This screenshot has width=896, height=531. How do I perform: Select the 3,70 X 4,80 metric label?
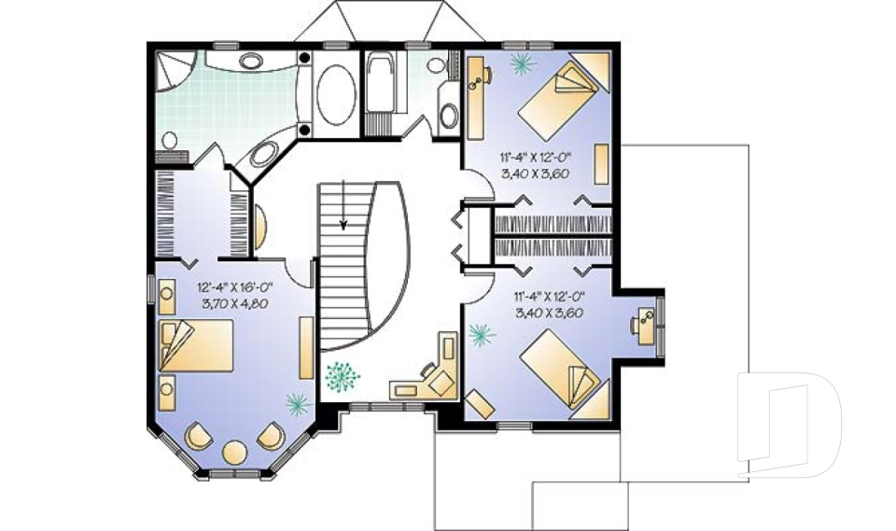(x=235, y=303)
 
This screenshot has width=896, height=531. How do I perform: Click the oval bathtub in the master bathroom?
(x=337, y=94)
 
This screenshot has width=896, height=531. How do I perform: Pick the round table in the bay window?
(x=234, y=452)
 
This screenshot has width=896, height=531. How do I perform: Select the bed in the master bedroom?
(x=196, y=346)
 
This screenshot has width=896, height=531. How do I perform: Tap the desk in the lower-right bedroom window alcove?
(x=646, y=326)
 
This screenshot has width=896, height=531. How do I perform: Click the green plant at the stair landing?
(x=343, y=377)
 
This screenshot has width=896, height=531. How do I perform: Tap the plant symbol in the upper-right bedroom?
(x=520, y=63)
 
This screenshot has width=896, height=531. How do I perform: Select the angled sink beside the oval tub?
(x=264, y=154)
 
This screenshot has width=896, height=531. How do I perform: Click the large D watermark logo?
(x=789, y=426)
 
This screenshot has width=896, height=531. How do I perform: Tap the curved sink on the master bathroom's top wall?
(x=250, y=61)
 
